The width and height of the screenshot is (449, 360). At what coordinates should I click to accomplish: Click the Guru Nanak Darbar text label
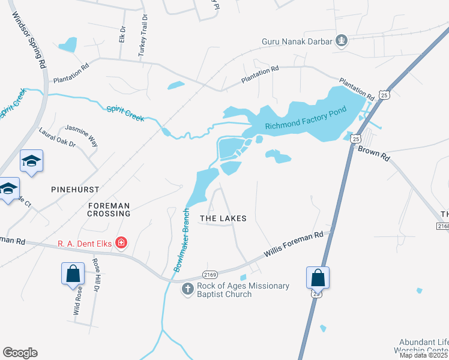[297, 41]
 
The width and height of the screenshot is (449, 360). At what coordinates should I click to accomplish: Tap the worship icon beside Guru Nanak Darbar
[342, 41]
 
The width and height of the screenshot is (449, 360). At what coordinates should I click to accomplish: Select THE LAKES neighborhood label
[223, 219]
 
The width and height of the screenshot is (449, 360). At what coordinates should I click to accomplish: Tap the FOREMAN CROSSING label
[109, 209]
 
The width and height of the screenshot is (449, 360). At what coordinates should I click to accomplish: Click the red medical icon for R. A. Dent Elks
[121, 243]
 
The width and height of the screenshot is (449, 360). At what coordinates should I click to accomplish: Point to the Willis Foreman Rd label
[294, 245]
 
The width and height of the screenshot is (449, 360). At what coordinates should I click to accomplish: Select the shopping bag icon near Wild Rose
[73, 274]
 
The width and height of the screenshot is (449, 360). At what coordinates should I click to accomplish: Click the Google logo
[20, 353]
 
